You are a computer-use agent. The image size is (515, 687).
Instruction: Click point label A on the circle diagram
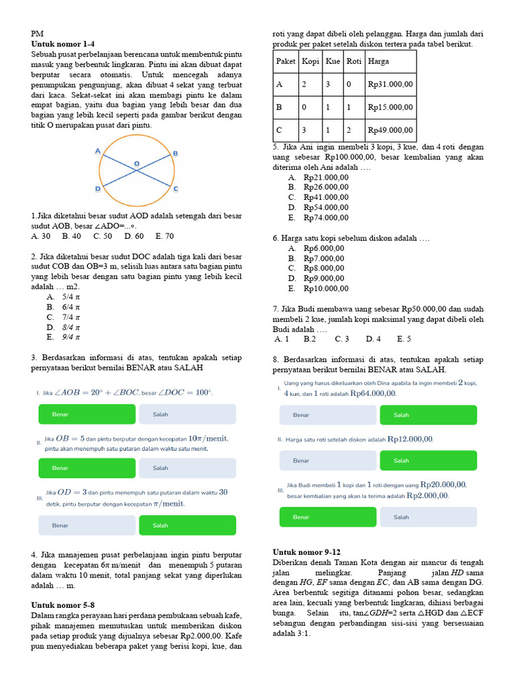pos(98,152)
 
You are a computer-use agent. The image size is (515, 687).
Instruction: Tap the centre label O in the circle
pos(137,163)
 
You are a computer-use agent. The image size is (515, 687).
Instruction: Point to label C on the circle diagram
pos(176,189)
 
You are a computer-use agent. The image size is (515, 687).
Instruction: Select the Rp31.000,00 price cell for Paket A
pos(391,85)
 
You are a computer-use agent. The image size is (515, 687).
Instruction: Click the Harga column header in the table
pos(378,61)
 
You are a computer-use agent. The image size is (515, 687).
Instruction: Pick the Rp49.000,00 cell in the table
pos(391,130)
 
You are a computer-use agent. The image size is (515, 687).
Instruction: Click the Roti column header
pos(354,61)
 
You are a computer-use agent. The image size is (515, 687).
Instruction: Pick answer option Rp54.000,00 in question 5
pos(325,207)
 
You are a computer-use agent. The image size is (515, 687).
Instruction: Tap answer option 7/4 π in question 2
pos(71,317)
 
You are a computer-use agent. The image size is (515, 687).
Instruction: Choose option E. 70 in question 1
pos(164,236)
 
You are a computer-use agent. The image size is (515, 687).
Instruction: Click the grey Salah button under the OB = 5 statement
pos(187,468)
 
